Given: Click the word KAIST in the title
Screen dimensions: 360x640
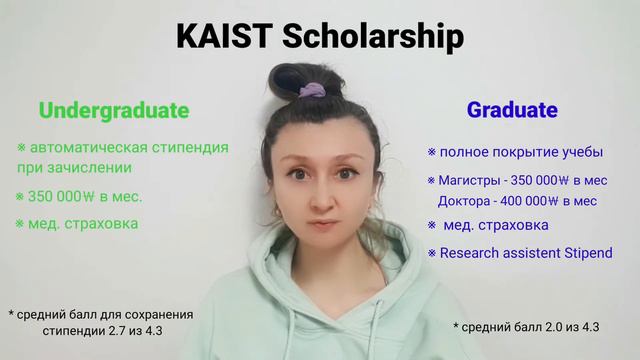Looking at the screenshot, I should pyautogui.click(x=224, y=37).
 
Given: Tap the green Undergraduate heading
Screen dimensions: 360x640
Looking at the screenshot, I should pyautogui.click(x=114, y=110).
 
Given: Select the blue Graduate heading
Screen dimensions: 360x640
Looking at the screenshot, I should pyautogui.click(x=512, y=110).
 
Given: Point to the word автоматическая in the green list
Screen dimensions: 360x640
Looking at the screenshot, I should pyautogui.click(x=88, y=147).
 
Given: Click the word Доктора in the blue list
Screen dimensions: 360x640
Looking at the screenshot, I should pyautogui.click(x=466, y=200).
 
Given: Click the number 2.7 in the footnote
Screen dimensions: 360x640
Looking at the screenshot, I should pyautogui.click(x=138, y=329).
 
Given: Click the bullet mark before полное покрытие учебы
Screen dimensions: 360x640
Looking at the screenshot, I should pyautogui.click(x=432, y=153).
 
